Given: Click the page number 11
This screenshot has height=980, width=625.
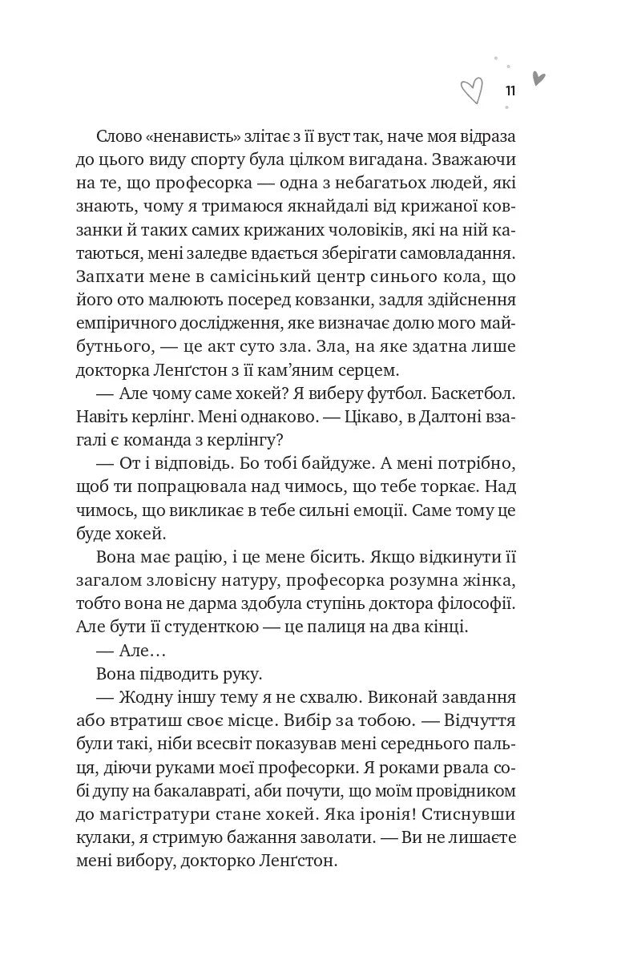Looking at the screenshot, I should [510, 91].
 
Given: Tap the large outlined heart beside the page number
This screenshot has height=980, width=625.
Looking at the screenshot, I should [472, 91].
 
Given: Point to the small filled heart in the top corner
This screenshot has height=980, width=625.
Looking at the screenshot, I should [538, 79].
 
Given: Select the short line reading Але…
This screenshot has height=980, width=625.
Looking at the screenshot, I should [150, 653].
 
